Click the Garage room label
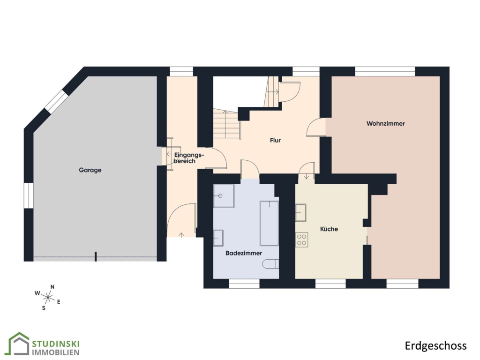(90, 170)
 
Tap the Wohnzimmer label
(386, 124)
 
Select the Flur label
(275, 140)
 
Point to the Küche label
(329, 229)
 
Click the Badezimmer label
(244, 253)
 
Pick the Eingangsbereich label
(187, 157)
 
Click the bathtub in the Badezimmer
(270, 223)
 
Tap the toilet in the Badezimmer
(271, 264)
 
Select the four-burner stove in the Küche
(301, 240)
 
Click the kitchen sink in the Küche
(300, 212)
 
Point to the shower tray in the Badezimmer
(224, 196)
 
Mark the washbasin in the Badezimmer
(218, 238)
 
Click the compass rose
(48, 297)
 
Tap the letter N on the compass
(52, 287)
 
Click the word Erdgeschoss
(435, 345)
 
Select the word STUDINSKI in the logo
(56, 344)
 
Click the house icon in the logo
(19, 344)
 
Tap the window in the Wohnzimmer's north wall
(385, 71)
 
